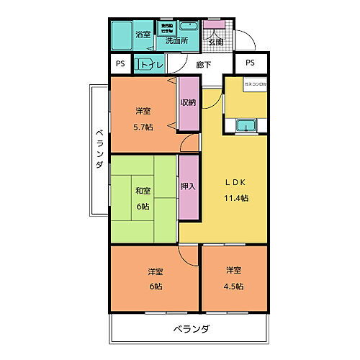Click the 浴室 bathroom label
point(143,34)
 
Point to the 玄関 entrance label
point(215,42)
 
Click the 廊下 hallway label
point(203,65)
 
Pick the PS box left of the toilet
point(120,63)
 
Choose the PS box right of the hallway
point(250,63)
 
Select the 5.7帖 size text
point(143,127)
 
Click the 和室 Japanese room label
point(143,191)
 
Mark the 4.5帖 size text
point(233,286)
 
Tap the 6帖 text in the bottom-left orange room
point(156,286)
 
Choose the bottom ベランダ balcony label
point(191,329)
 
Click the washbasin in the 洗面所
point(189,27)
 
